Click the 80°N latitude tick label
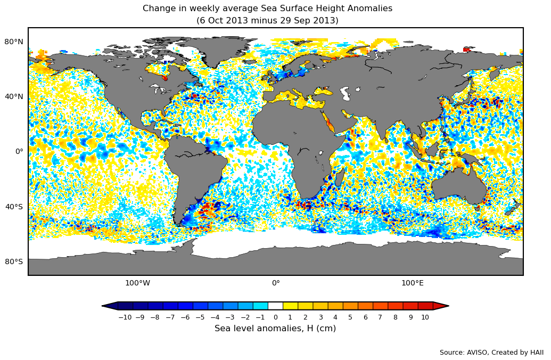tap(14, 42)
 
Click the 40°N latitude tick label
tap(14, 96)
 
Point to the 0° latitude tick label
tap(19, 151)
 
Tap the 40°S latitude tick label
tap(14, 207)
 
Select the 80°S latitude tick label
tap(14, 261)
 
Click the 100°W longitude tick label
tap(137, 283)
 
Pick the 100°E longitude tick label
tap(412, 283)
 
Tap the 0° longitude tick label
tap(276, 283)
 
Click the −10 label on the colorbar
tap(125, 317)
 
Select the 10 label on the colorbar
tap(425, 317)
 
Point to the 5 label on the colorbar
tap(350, 317)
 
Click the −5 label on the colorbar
tap(200, 317)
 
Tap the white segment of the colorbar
tap(275, 306)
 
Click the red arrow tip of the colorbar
tap(441, 306)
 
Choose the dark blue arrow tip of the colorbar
tap(109, 306)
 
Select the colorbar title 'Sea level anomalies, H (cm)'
tap(275, 329)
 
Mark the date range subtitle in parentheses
tap(267, 21)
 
